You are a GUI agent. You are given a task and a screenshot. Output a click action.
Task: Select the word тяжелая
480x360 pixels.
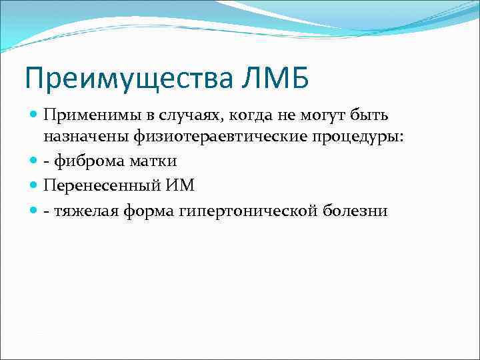pyautogui.click(x=83, y=210)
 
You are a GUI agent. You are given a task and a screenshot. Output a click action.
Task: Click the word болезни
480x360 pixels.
pyautogui.click(x=355, y=210)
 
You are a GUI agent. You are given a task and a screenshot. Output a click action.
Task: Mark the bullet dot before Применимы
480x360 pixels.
pyautogui.click(x=35, y=115)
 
